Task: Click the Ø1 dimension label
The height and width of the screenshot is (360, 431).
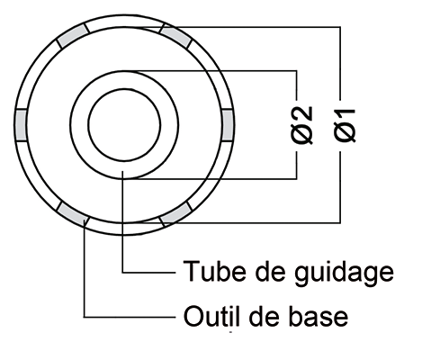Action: [345, 125]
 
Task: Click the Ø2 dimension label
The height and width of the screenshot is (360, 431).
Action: [301, 125]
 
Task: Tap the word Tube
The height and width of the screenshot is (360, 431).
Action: [215, 271]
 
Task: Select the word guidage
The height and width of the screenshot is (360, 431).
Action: [344, 274]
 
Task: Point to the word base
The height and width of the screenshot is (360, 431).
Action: [318, 316]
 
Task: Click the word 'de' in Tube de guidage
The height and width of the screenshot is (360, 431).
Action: [271, 271]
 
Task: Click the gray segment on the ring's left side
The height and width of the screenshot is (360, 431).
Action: [21, 125]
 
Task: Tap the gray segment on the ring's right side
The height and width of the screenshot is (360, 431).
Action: [227, 125]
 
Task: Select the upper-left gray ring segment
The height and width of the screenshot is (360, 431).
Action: [73, 36]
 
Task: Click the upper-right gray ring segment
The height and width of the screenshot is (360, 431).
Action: [175, 36]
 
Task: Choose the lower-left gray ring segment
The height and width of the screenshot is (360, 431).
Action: [73, 214]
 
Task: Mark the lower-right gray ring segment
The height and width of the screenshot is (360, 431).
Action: [175, 214]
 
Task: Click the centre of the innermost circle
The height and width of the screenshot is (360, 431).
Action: [124, 125]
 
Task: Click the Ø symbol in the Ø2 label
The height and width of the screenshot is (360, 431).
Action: [301, 135]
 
